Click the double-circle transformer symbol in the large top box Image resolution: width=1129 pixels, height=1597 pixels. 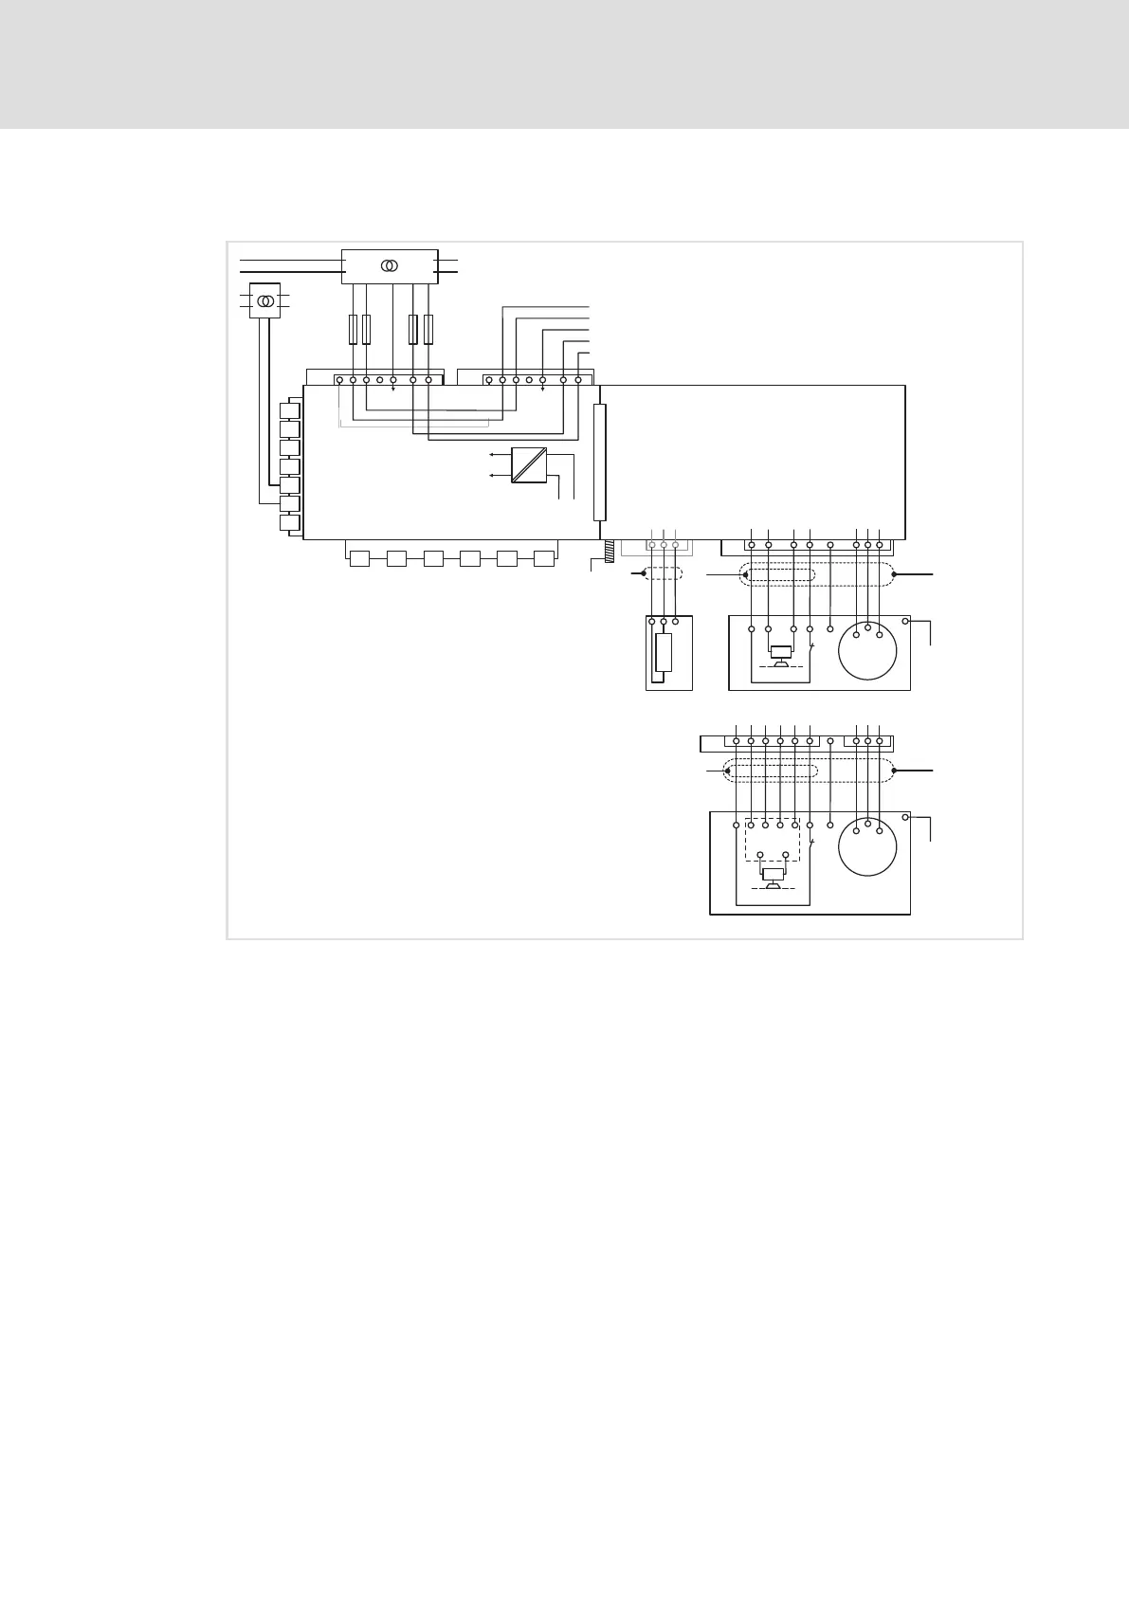(x=390, y=266)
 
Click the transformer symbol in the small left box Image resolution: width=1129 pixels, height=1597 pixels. (x=265, y=300)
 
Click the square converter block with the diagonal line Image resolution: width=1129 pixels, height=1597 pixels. (x=529, y=465)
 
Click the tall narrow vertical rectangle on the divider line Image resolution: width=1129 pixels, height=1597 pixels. (x=599, y=463)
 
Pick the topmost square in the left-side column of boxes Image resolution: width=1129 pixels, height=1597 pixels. (x=290, y=410)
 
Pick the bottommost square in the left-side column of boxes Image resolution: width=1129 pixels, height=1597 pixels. (x=290, y=523)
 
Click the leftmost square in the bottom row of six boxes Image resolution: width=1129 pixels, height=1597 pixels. (x=359, y=558)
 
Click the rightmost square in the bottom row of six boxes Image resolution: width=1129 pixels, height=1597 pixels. (x=544, y=558)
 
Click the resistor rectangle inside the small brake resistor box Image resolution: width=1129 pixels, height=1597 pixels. (x=664, y=653)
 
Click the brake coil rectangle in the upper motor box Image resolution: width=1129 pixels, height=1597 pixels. (x=781, y=652)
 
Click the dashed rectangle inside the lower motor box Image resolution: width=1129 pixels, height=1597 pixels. (x=773, y=840)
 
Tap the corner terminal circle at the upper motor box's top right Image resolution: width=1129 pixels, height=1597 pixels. (x=905, y=622)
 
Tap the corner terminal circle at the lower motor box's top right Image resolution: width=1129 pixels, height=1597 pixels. (x=905, y=817)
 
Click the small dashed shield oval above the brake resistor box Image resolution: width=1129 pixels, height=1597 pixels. (x=664, y=573)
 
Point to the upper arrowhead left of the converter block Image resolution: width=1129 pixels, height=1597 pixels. (x=491, y=456)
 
